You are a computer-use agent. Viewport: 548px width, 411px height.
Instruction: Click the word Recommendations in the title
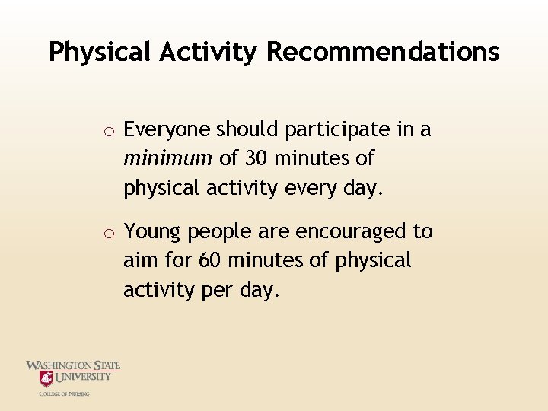click(383, 52)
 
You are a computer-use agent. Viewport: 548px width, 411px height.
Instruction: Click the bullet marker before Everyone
click(110, 132)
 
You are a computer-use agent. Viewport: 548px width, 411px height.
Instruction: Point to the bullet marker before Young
click(110, 233)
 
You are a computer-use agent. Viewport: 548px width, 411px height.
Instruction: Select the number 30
click(256, 159)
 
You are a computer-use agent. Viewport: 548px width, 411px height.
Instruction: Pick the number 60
click(212, 260)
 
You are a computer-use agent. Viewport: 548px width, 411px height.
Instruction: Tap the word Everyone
click(167, 130)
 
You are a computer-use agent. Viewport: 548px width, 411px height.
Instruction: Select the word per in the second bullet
click(220, 290)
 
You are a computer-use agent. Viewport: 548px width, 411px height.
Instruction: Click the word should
click(247, 130)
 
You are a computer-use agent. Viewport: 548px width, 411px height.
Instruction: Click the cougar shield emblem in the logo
click(46, 379)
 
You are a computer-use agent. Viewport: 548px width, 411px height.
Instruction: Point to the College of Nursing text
click(64, 393)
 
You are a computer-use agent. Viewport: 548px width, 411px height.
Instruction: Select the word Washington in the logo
click(59, 366)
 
